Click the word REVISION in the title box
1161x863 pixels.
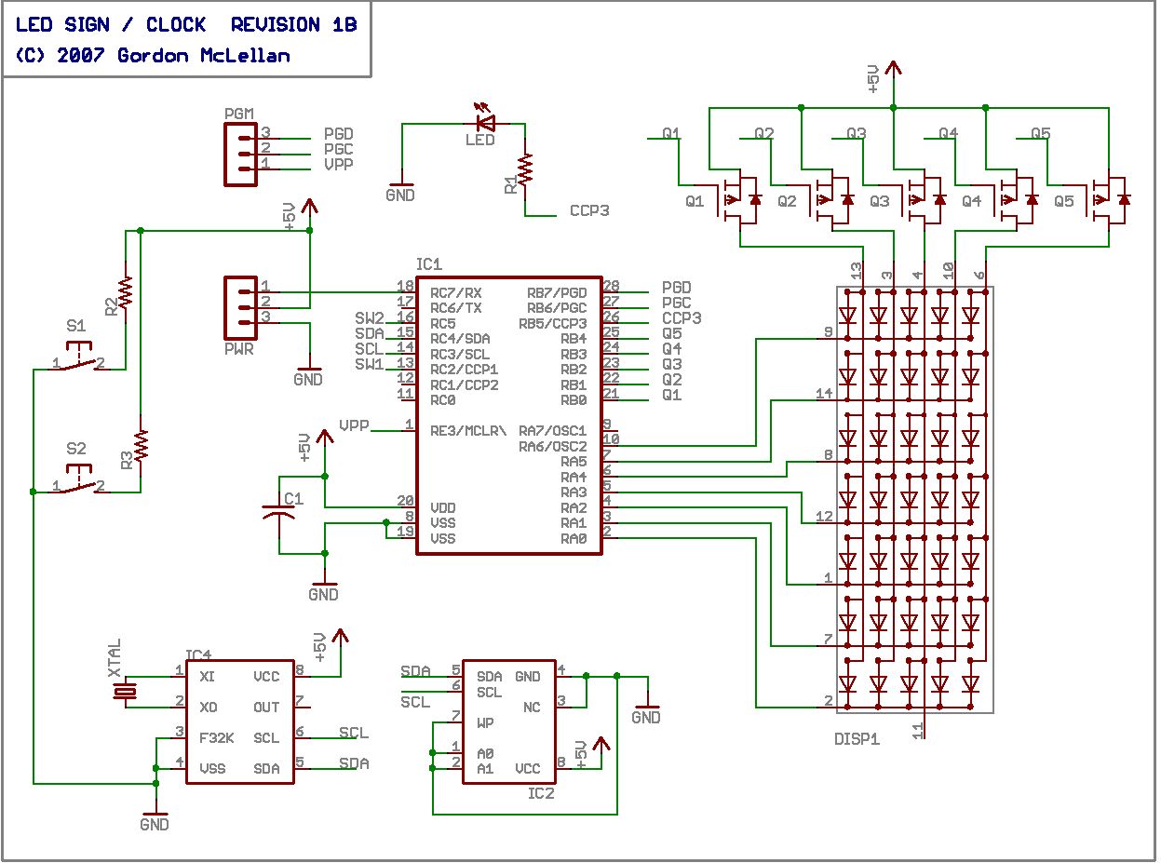(275, 24)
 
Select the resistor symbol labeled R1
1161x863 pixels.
(525, 169)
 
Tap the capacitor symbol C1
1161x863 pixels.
(278, 512)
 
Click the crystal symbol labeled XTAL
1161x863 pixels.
(126, 692)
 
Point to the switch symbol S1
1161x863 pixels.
(78, 357)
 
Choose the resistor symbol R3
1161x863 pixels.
(141, 446)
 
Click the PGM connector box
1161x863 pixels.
(241, 155)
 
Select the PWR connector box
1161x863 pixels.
(241, 308)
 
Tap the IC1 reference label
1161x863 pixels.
(429, 264)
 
